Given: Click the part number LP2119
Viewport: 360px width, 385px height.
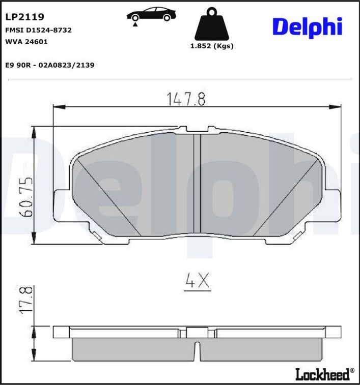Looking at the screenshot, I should click(24, 17).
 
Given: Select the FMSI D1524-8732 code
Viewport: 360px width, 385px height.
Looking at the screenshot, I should click(38, 30).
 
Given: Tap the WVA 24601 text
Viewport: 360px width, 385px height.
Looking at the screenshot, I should click(26, 42).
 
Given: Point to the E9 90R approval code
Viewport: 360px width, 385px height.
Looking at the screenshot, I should click(49, 65).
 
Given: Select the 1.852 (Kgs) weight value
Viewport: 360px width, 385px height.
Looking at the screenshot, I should click(211, 46).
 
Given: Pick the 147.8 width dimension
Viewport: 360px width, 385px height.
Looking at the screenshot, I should click(186, 99).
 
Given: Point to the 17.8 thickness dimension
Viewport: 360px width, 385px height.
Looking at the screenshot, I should click(27, 300).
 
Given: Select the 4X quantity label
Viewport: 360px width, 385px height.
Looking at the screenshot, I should click(197, 281).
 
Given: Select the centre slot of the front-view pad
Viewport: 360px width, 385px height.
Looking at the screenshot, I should click(198, 183).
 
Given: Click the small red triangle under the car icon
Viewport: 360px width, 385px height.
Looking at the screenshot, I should click(135, 24).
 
